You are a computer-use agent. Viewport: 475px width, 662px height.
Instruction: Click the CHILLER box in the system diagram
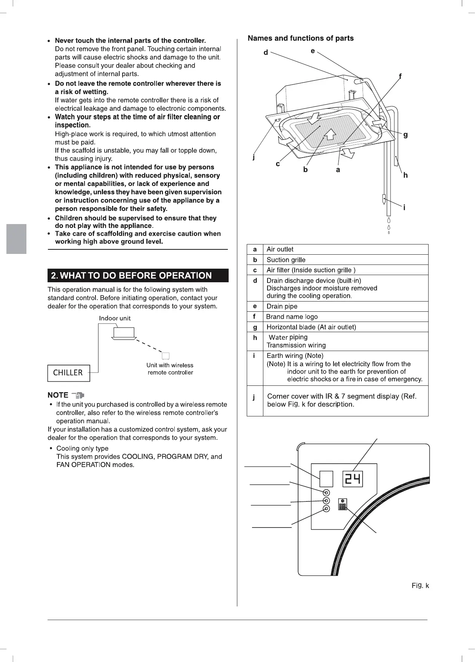coord(69,373)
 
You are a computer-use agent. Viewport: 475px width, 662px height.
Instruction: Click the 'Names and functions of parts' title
coord(301,38)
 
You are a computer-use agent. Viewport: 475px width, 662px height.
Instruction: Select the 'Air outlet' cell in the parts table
coord(280,249)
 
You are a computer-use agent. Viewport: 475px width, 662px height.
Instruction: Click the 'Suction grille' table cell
coord(286,260)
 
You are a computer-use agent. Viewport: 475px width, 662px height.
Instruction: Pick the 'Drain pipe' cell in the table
coord(282,306)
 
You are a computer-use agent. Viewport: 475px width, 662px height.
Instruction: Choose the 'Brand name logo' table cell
coord(292,317)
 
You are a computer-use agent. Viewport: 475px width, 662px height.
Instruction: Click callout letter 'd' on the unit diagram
coord(266,53)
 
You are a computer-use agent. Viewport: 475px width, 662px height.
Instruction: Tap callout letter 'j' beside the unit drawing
coord(254,157)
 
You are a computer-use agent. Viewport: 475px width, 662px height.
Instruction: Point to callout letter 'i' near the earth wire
coord(404,207)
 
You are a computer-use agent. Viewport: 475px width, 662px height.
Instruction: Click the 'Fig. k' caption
coord(420,586)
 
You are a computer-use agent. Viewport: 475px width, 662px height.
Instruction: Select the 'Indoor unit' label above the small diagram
coord(115,318)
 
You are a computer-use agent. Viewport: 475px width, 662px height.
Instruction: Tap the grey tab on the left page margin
coord(17,239)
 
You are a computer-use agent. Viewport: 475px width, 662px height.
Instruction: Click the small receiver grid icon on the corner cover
coord(343,505)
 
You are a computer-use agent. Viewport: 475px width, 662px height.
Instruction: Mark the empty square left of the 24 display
coord(326,479)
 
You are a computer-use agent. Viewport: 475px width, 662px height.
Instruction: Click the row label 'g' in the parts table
coord(255,327)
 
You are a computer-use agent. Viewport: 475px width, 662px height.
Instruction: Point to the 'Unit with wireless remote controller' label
coord(170,369)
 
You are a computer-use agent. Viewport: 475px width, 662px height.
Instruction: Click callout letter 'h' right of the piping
coord(406,175)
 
